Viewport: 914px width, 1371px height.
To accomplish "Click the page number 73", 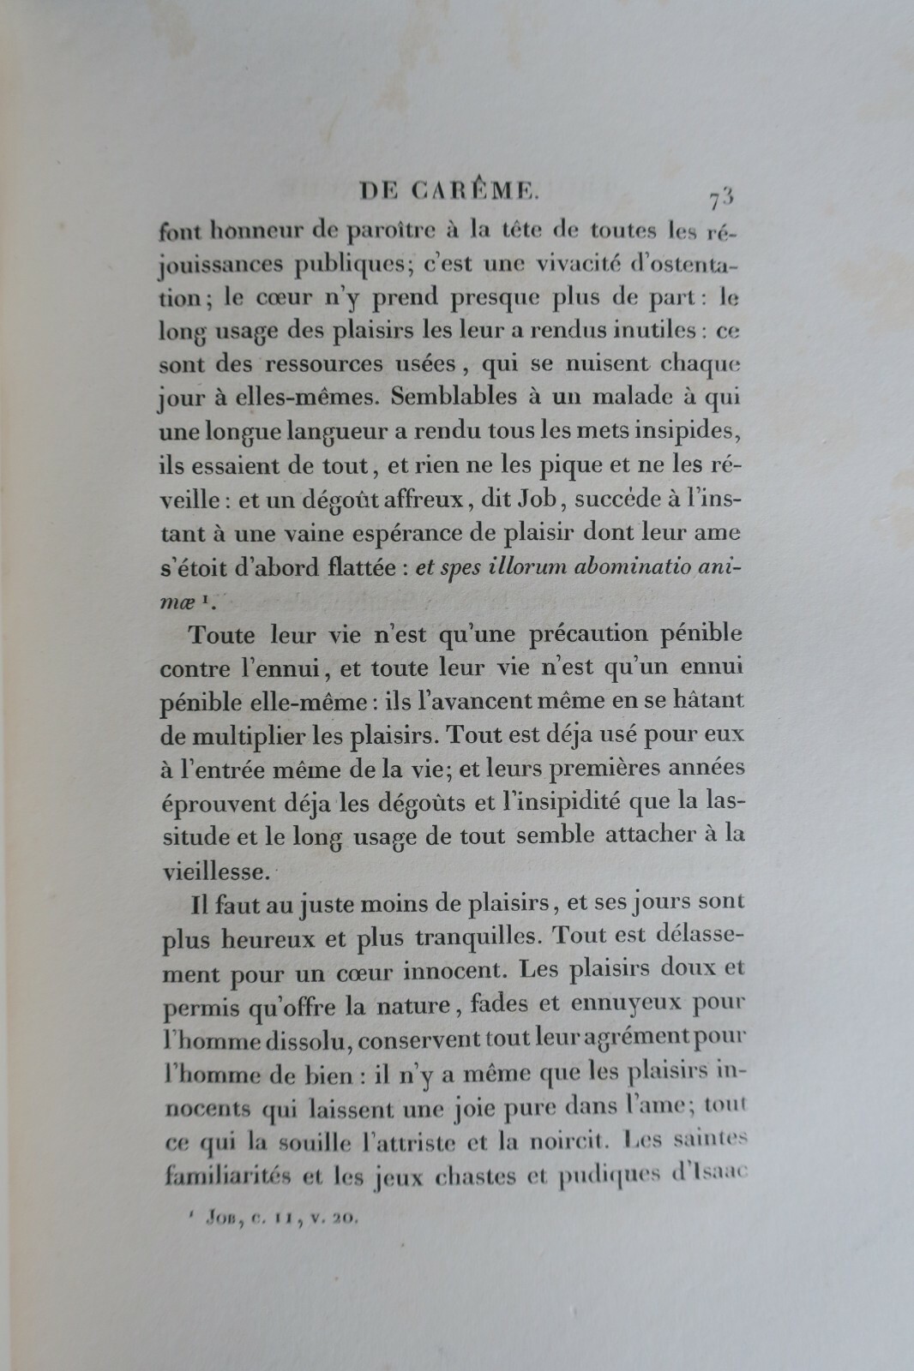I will coord(721,199).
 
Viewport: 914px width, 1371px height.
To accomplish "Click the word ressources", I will coord(330,364).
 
